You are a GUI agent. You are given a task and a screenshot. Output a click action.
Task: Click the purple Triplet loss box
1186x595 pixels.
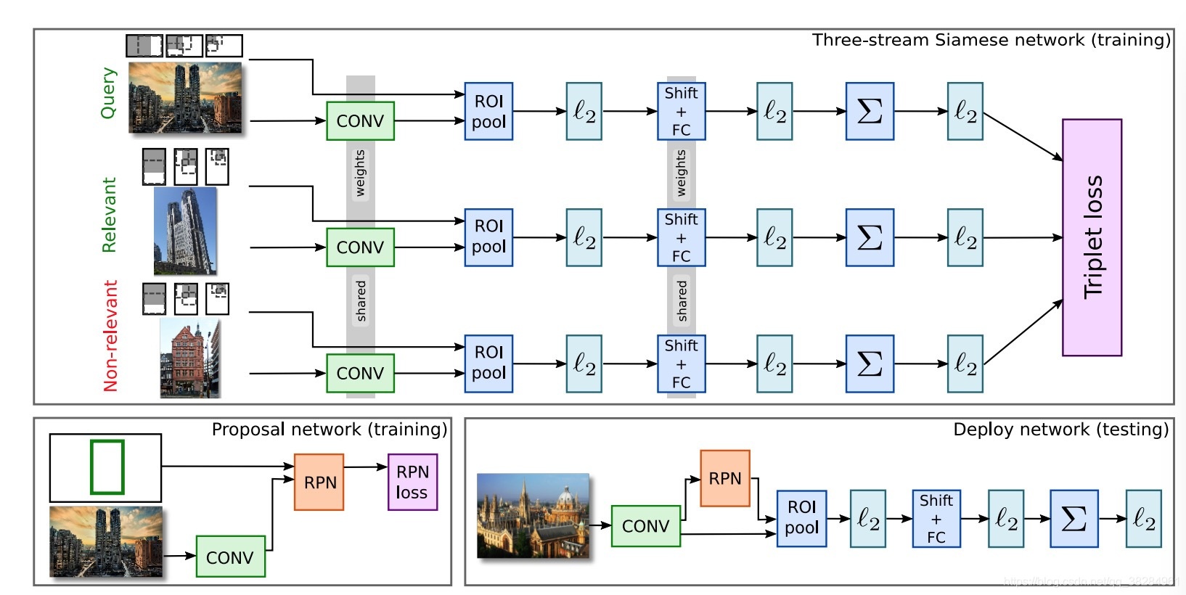click(1092, 237)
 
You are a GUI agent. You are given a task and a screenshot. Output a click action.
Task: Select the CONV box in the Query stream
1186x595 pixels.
click(360, 121)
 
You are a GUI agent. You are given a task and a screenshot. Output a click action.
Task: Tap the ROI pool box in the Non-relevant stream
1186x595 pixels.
click(488, 363)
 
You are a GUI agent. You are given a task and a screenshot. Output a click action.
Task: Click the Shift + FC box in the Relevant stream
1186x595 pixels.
click(681, 237)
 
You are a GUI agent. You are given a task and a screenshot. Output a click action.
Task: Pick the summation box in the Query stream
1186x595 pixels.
click(870, 111)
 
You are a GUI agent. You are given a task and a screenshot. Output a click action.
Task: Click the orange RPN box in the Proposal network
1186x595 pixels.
click(319, 483)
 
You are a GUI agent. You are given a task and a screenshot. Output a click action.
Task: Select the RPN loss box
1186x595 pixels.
click(412, 483)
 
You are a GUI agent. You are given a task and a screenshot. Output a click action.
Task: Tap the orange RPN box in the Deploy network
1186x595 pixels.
click(724, 478)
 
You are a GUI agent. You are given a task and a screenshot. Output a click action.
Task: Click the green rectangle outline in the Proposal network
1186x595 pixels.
click(107, 467)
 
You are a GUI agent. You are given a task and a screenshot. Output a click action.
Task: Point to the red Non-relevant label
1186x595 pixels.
click(110, 335)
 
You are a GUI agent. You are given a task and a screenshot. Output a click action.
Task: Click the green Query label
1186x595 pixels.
click(108, 93)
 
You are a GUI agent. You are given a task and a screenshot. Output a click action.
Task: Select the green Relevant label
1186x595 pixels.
click(109, 215)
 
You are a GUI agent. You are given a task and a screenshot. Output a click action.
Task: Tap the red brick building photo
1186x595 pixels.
click(189, 358)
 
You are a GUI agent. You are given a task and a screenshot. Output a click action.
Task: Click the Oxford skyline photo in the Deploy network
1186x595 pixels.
click(533, 515)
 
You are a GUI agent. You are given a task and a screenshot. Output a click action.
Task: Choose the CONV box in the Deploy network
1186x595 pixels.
click(645, 526)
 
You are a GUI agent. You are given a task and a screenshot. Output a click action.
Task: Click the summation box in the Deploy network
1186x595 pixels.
click(1073, 518)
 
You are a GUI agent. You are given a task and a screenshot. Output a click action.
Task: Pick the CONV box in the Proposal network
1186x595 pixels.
click(230, 557)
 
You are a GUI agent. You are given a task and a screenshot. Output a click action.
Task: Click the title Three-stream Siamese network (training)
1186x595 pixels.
click(991, 40)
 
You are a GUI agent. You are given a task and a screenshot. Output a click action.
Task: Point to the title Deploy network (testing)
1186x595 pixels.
click(1060, 430)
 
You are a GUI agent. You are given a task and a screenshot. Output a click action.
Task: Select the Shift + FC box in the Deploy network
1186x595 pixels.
click(936, 518)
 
